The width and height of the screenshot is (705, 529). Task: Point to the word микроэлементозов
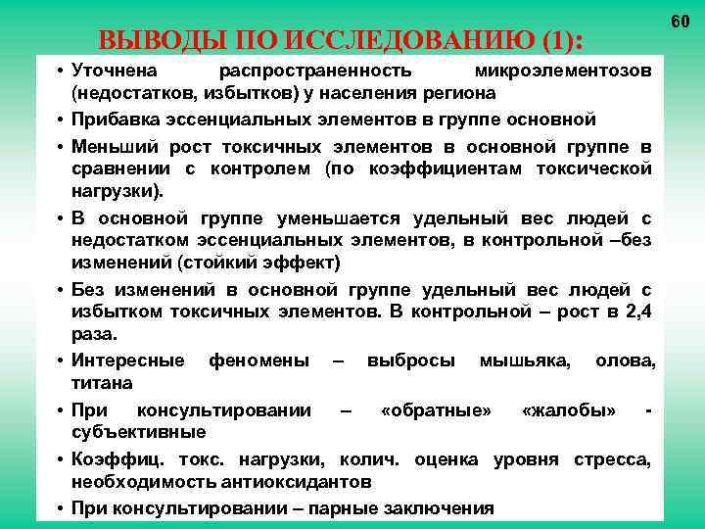(562, 72)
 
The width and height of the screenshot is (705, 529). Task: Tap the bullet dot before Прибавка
(61, 120)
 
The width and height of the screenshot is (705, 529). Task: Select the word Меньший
(110, 148)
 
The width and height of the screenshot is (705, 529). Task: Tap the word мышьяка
(525, 360)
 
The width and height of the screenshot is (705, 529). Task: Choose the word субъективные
(138, 431)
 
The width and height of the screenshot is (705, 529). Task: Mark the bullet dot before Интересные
(61, 361)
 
